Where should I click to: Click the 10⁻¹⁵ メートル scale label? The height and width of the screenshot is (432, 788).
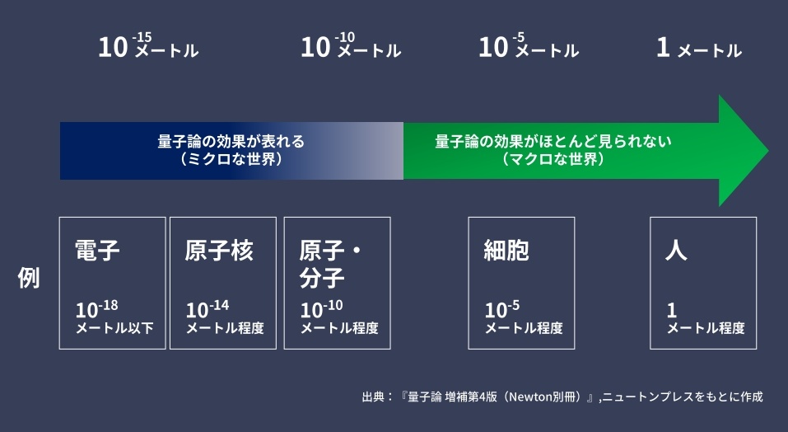148,46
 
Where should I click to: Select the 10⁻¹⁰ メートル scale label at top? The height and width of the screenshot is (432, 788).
351,46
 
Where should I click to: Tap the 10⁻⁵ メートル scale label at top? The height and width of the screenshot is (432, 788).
529,46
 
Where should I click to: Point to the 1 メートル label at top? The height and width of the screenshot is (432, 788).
699,48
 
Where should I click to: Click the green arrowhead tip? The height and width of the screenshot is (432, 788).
768,150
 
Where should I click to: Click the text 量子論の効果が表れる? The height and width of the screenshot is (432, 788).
231,141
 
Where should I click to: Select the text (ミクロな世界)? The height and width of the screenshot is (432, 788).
231,159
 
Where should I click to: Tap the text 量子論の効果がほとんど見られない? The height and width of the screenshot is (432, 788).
553,141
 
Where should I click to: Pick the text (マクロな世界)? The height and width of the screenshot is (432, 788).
553,159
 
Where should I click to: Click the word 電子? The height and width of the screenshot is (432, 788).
97,250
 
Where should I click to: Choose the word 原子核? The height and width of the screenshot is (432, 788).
218,250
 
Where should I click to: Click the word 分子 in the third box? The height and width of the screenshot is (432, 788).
322,278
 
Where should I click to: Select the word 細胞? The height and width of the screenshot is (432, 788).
506,250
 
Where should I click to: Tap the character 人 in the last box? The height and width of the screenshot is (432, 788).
676,250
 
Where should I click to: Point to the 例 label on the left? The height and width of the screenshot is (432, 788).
29,278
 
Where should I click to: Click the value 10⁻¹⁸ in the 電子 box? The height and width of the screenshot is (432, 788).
97,309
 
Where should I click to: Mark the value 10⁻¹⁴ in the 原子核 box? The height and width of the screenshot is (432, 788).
207,309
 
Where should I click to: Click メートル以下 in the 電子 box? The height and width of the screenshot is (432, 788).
114,328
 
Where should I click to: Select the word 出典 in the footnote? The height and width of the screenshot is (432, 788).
373,397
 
